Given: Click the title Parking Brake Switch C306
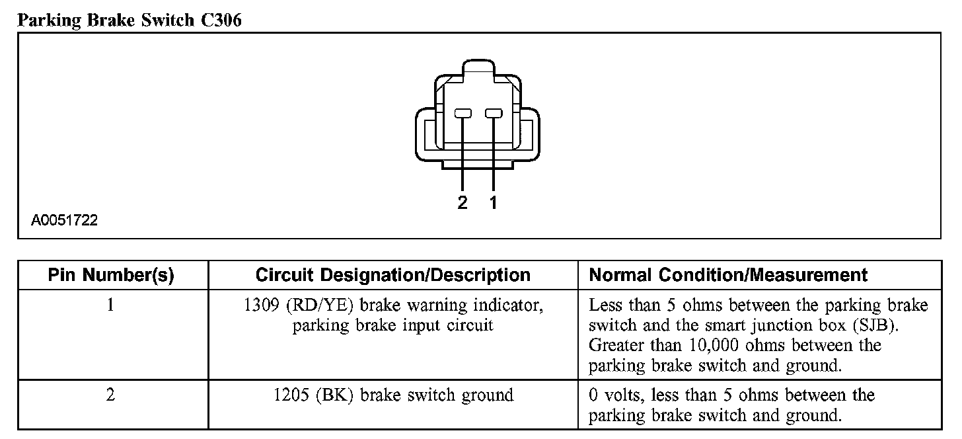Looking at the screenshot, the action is tap(129, 20).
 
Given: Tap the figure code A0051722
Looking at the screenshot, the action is tap(64, 220).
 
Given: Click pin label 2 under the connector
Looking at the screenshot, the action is tap(462, 203).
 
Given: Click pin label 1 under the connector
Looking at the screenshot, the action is tap(493, 203).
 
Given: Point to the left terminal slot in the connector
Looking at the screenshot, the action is tap(462, 114).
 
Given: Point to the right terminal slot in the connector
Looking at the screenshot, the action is tap(493, 114).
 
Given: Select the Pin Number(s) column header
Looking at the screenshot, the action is tap(111, 275).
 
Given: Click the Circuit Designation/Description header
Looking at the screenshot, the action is tap(392, 275).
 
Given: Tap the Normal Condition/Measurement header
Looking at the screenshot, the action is tap(728, 275).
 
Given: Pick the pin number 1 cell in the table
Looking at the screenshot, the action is tap(111, 306).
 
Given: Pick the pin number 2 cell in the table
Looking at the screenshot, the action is tap(111, 395).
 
